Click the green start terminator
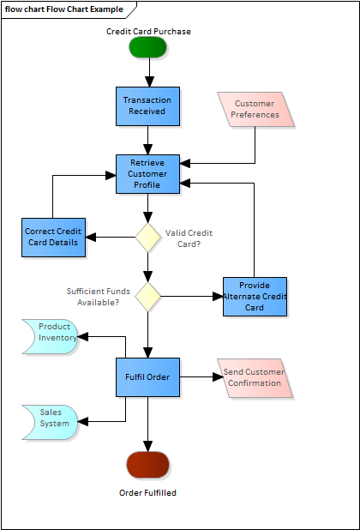click(x=147, y=47)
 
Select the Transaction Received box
click(x=147, y=106)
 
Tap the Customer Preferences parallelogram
click(x=255, y=109)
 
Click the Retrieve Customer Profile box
click(x=147, y=174)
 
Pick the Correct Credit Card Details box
click(x=53, y=238)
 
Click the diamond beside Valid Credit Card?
click(x=147, y=238)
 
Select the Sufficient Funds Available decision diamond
click(x=147, y=297)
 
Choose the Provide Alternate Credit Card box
click(x=255, y=297)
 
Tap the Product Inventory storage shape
click(x=51, y=337)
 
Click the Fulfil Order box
click(x=147, y=377)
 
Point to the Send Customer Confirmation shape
click(x=255, y=378)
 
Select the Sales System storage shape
click(x=51, y=422)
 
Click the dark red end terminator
click(x=147, y=465)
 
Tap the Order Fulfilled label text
click(x=147, y=493)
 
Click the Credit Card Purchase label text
click(x=148, y=32)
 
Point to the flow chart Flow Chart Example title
click(x=64, y=9)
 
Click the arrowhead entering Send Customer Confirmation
click(x=219, y=376)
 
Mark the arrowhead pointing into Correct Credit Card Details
click(x=91, y=238)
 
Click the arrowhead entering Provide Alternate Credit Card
click(x=218, y=297)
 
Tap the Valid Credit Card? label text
click(x=189, y=238)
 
